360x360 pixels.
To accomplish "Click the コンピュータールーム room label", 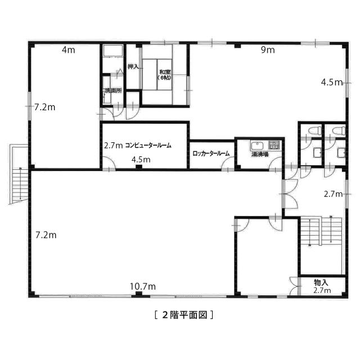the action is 148,145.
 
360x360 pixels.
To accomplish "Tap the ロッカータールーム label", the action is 211,154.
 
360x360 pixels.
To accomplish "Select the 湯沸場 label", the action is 260,155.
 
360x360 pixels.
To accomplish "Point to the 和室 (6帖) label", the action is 164,75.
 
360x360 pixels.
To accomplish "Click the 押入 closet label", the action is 133,67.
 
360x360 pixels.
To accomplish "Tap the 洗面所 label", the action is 113,91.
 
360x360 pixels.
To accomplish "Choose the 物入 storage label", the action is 321,282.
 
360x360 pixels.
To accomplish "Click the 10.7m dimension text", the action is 142,286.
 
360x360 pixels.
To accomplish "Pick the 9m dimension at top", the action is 268,50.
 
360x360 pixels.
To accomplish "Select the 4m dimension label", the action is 69,50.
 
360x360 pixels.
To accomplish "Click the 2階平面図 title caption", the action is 184,315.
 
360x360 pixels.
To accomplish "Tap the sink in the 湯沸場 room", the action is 258,146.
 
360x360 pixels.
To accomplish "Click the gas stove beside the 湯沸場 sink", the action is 274,145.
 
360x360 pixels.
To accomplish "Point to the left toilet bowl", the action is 314,130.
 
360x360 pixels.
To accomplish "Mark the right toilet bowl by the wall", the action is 339,130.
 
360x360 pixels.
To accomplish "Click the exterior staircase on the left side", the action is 19,174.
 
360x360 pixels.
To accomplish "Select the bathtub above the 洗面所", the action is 113,51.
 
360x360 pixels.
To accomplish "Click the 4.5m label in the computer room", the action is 141,159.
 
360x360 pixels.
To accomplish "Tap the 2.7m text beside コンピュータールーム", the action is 113,145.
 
